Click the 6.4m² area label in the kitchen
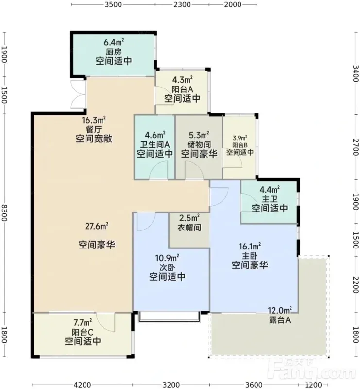(x=114, y=42)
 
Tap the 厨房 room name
(x=114, y=52)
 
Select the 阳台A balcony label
(x=182, y=89)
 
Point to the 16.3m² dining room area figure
(x=94, y=120)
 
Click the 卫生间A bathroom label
(x=155, y=144)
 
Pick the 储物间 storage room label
(x=199, y=144)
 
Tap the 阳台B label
(x=240, y=145)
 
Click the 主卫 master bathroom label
(x=270, y=199)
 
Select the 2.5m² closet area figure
(x=189, y=218)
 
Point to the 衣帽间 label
(x=189, y=228)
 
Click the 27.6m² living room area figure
(x=97, y=226)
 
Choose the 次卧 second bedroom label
(x=167, y=267)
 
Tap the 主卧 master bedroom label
(x=250, y=256)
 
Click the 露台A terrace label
(x=280, y=320)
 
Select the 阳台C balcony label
(x=83, y=332)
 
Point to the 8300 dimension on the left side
(x=4, y=213)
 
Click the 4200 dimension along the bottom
(x=82, y=385)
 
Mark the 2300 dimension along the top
(x=182, y=4)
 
